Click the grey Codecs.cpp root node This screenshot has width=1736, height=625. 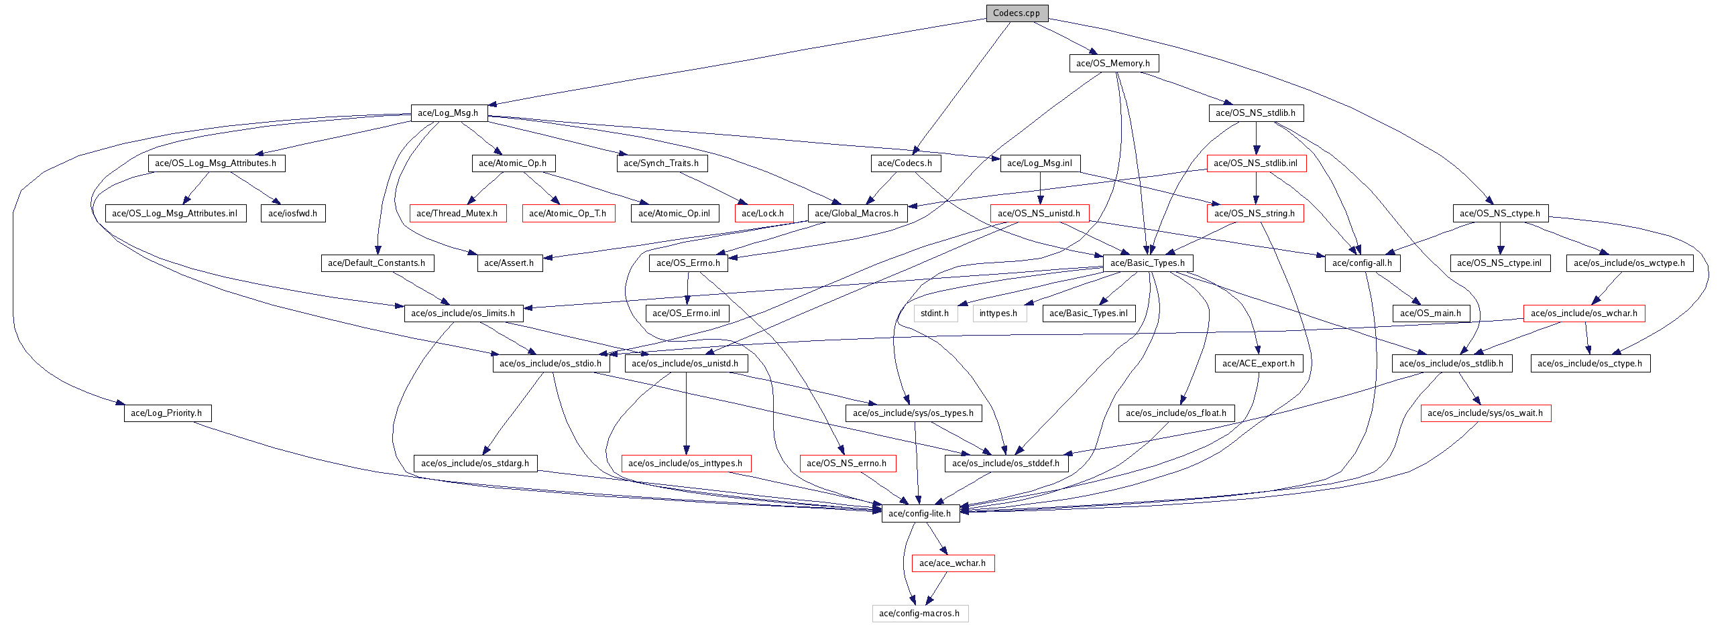(1017, 13)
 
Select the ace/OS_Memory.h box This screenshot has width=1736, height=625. (1112, 64)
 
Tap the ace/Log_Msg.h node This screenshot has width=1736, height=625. (448, 113)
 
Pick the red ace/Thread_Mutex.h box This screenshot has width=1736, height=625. (457, 214)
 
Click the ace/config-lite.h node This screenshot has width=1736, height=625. (919, 513)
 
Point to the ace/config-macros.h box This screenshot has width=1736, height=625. (919, 614)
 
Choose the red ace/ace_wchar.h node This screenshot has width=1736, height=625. (952, 563)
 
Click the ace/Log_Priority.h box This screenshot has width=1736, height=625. (166, 413)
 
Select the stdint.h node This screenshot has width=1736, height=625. (935, 314)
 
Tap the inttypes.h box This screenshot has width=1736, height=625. (998, 314)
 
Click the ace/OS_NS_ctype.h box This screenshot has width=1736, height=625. (1499, 214)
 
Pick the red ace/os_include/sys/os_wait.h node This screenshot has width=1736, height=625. (1485, 413)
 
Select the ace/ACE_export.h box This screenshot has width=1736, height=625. (1258, 363)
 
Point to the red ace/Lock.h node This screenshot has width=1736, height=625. (763, 214)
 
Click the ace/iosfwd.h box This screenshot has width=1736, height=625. (292, 214)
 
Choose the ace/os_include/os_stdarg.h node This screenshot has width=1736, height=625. (475, 464)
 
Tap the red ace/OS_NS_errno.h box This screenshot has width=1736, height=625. (846, 464)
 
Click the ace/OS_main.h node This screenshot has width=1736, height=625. (1430, 314)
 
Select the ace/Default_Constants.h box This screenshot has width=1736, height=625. (377, 263)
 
